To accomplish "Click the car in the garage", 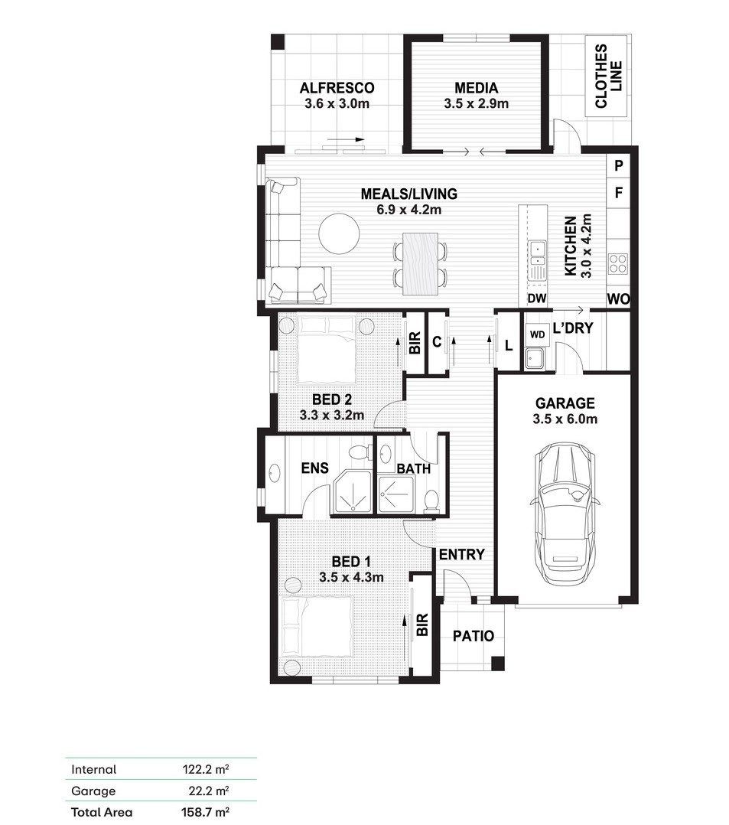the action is click(565, 514).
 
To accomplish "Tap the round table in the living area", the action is click(339, 233).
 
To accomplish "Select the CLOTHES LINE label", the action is click(609, 77).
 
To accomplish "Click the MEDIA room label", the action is click(476, 87).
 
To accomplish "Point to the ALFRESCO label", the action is click(337, 87).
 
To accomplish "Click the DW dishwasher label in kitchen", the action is click(536, 298).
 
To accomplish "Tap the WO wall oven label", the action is click(618, 298).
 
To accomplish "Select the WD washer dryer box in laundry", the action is click(536, 334).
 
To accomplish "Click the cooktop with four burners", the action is click(617, 263).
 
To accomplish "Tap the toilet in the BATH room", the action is click(431, 501).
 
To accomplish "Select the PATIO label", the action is click(474, 636).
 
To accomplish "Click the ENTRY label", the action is click(461, 555).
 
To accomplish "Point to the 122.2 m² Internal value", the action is click(206, 769).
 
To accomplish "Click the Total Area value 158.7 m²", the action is click(205, 812).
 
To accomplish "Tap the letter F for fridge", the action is click(619, 193).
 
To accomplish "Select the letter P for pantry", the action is click(619, 166).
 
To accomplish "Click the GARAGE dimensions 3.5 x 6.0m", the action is click(565, 419).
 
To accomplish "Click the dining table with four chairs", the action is click(421, 264).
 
